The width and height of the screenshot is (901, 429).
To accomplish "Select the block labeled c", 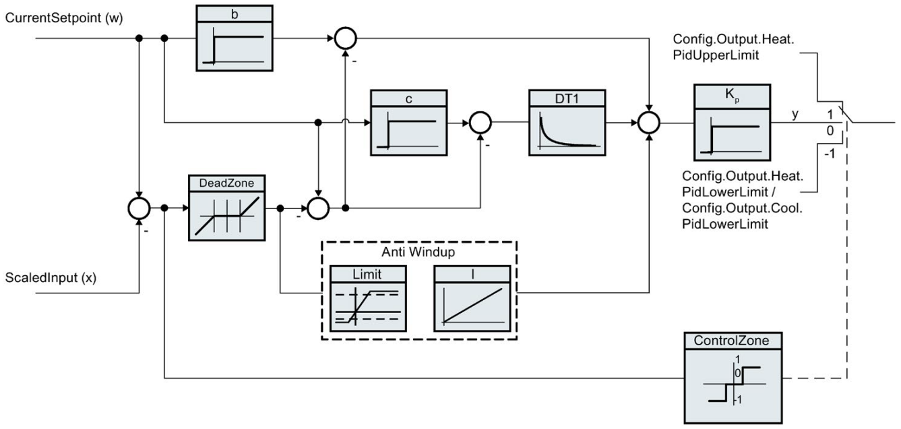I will (x=408, y=121).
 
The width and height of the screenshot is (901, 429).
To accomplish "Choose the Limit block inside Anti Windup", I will (x=367, y=297).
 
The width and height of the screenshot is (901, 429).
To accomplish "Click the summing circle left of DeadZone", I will (x=140, y=208).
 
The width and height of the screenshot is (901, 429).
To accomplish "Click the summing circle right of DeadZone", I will (x=317, y=208).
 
